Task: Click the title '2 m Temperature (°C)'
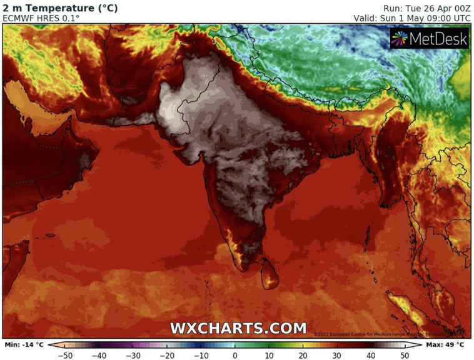[60, 8]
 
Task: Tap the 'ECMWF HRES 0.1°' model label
[41, 19]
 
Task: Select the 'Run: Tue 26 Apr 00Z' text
[426, 8]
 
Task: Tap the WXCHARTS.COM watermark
[238, 328]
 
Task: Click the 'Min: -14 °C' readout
[24, 344]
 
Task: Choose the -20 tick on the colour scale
[166, 355]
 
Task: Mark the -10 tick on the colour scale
[201, 355]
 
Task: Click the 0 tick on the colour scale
[235, 355]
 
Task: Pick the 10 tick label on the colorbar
[270, 355]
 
